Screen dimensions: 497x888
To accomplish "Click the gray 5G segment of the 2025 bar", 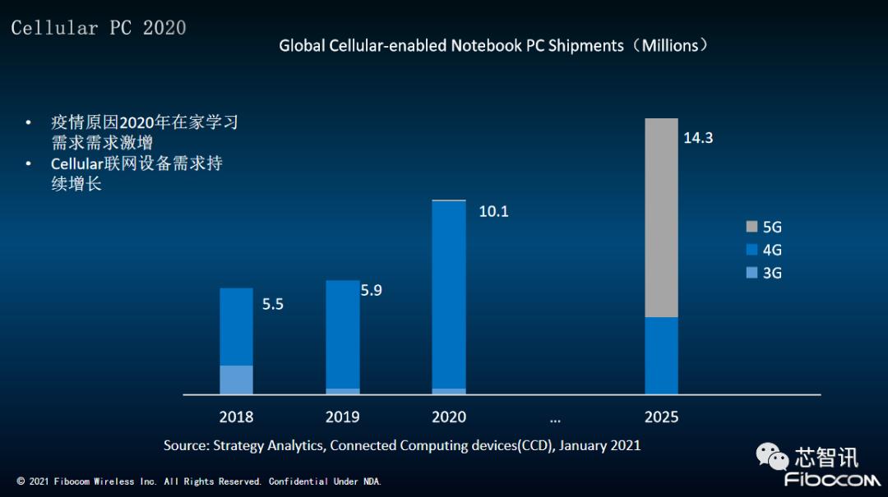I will [661, 218].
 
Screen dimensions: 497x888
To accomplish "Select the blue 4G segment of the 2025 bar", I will [661, 355].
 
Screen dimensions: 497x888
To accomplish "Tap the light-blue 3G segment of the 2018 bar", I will [236, 380].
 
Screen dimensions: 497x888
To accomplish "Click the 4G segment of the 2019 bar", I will [343, 334].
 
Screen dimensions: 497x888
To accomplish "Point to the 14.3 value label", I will [698, 138].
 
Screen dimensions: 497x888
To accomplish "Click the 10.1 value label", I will [493, 212].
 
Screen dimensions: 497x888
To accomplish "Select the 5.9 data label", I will [372, 290].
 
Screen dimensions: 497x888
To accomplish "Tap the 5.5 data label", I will [272, 304].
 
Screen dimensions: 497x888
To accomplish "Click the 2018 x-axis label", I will [236, 417].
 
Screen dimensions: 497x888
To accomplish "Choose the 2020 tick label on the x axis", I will [449, 417].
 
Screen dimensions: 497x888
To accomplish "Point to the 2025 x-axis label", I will [661, 417].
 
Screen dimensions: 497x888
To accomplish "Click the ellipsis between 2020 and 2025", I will [555, 419].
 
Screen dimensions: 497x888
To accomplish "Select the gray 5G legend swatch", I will [752, 227].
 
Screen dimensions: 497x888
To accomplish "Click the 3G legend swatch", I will [752, 273].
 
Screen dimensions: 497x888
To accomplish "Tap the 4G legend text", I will [772, 250].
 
